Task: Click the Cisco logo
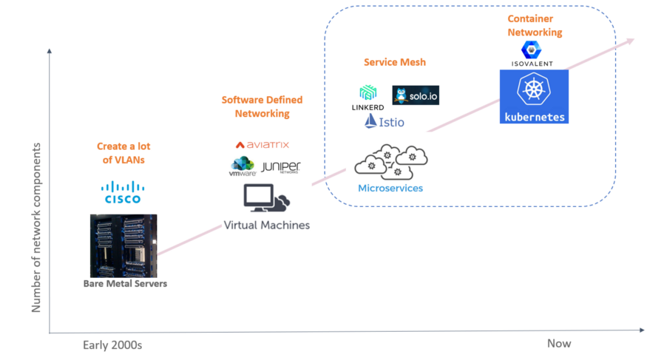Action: (122, 191)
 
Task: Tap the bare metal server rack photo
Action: (123, 245)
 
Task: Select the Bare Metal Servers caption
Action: (124, 284)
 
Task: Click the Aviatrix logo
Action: (262, 145)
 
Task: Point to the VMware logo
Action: (243, 167)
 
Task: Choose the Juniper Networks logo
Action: (280, 167)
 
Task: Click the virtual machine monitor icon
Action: (265, 198)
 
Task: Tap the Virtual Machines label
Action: (266, 224)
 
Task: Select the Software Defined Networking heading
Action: (262, 106)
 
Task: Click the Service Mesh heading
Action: (395, 62)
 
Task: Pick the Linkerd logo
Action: (367, 98)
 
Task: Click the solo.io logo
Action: (416, 95)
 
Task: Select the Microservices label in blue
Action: (390, 188)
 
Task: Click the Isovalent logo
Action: (532, 53)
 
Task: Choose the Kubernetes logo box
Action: (534, 96)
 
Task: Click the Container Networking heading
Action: (534, 25)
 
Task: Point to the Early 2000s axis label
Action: (112, 344)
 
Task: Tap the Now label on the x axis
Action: (559, 343)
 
